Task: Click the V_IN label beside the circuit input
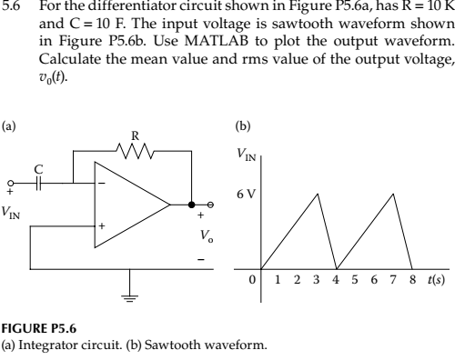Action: (x=14, y=212)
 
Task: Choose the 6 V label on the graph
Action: (x=243, y=194)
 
